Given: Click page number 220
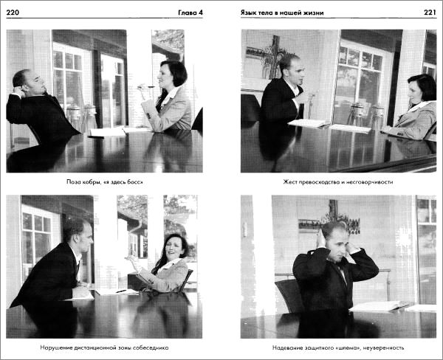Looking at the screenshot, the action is [x=13, y=13].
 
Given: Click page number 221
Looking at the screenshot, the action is [x=430, y=13].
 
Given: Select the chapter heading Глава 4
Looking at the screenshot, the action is [x=190, y=13].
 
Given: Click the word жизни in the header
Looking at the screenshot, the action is [x=314, y=13].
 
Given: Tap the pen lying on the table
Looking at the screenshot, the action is [x=121, y=291].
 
